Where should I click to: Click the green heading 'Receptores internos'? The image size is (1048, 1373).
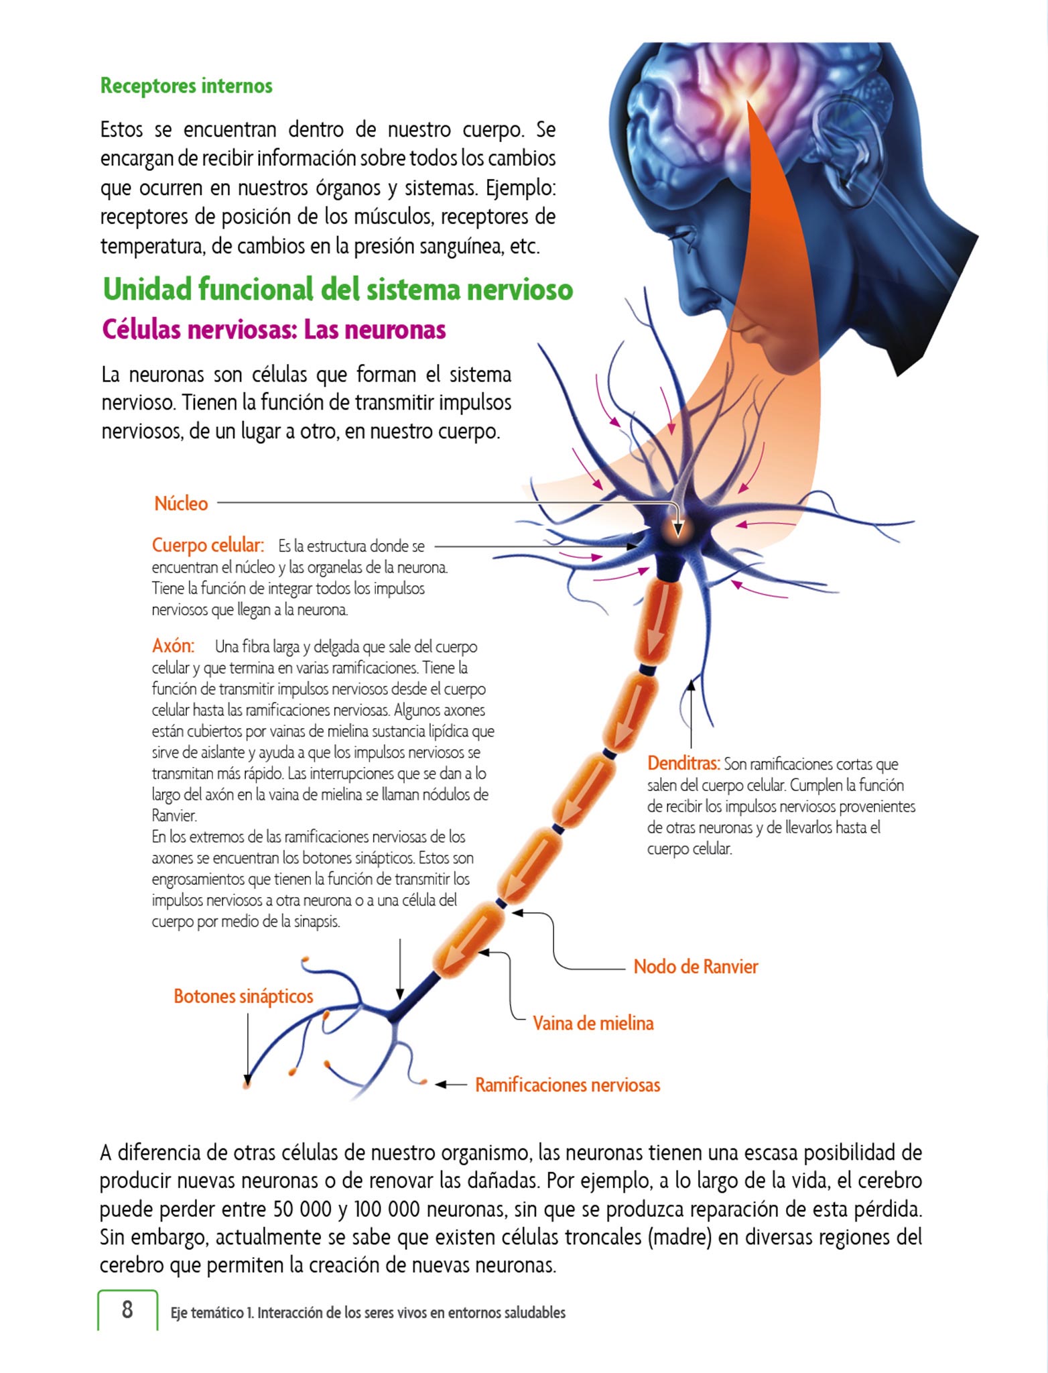[186, 86]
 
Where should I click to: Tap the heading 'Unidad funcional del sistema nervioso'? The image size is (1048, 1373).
[338, 290]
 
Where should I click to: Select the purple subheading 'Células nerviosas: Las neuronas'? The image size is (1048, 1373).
[273, 330]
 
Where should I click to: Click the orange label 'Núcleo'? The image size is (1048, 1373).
[181, 503]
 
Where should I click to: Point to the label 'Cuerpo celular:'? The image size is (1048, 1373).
[208, 545]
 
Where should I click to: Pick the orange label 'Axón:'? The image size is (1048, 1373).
[173, 646]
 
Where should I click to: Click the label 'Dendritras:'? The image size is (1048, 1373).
[683, 764]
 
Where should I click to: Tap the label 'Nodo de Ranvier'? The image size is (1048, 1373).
[696, 967]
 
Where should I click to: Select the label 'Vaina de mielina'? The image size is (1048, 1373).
[593, 1023]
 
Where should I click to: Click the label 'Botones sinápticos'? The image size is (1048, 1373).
[243, 996]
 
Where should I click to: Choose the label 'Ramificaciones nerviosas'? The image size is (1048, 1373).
[568, 1085]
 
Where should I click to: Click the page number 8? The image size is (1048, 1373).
[127, 1309]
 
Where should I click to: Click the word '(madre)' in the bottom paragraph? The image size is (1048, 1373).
[679, 1238]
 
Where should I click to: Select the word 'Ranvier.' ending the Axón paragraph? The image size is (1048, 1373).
[174, 816]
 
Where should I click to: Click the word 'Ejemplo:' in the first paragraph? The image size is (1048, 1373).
[521, 188]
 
